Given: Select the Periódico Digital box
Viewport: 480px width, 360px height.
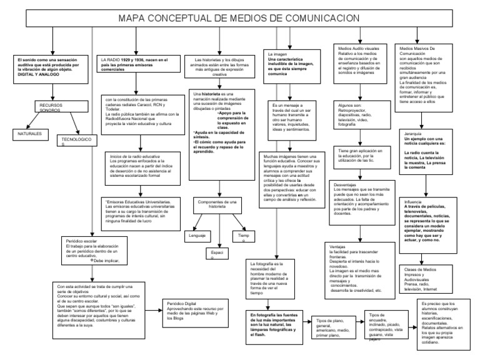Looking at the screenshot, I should pyautogui.click(x=187, y=310).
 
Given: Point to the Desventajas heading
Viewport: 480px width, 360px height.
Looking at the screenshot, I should pyautogui.click(x=346, y=185).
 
